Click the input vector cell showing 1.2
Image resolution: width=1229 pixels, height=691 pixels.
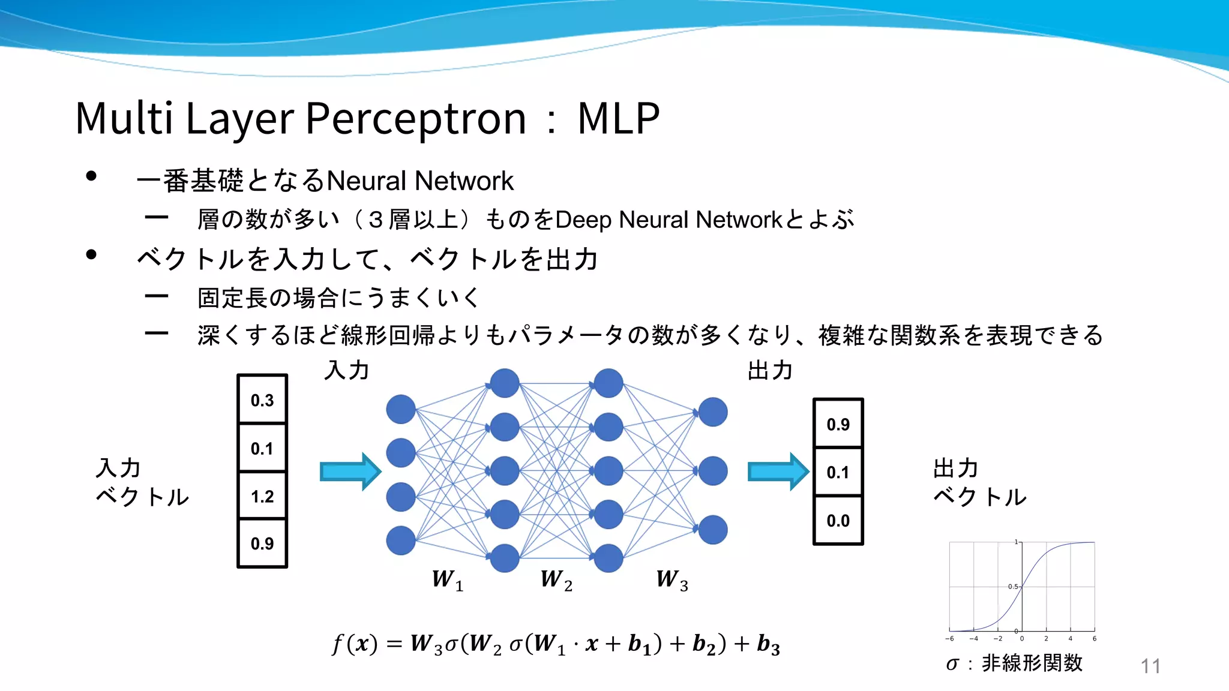click(x=262, y=496)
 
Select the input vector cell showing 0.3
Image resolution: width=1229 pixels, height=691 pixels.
click(x=262, y=400)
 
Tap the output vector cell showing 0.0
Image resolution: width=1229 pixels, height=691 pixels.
click(x=838, y=521)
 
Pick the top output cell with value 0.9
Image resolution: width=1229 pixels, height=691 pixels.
click(x=838, y=424)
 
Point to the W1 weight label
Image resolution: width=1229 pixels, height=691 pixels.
click(x=448, y=580)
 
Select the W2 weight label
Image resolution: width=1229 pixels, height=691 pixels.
click(x=556, y=580)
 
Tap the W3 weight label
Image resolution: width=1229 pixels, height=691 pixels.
click(x=672, y=580)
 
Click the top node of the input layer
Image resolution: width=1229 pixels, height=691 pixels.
click(x=401, y=409)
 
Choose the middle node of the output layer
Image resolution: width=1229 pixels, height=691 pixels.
click(x=713, y=471)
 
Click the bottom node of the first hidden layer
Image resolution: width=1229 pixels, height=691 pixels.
click(x=505, y=558)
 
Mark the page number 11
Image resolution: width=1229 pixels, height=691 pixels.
click(x=1150, y=666)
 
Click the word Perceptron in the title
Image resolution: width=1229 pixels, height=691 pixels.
click(x=415, y=118)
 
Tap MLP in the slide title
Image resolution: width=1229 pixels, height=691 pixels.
click(x=618, y=118)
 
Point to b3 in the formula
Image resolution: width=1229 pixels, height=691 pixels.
click(x=768, y=644)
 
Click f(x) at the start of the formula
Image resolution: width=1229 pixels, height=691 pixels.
click(x=354, y=644)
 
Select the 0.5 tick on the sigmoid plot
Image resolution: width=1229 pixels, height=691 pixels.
click(x=1013, y=587)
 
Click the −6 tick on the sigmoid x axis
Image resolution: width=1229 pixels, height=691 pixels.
click(x=949, y=639)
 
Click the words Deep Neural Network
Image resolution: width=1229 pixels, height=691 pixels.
click(x=669, y=220)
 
